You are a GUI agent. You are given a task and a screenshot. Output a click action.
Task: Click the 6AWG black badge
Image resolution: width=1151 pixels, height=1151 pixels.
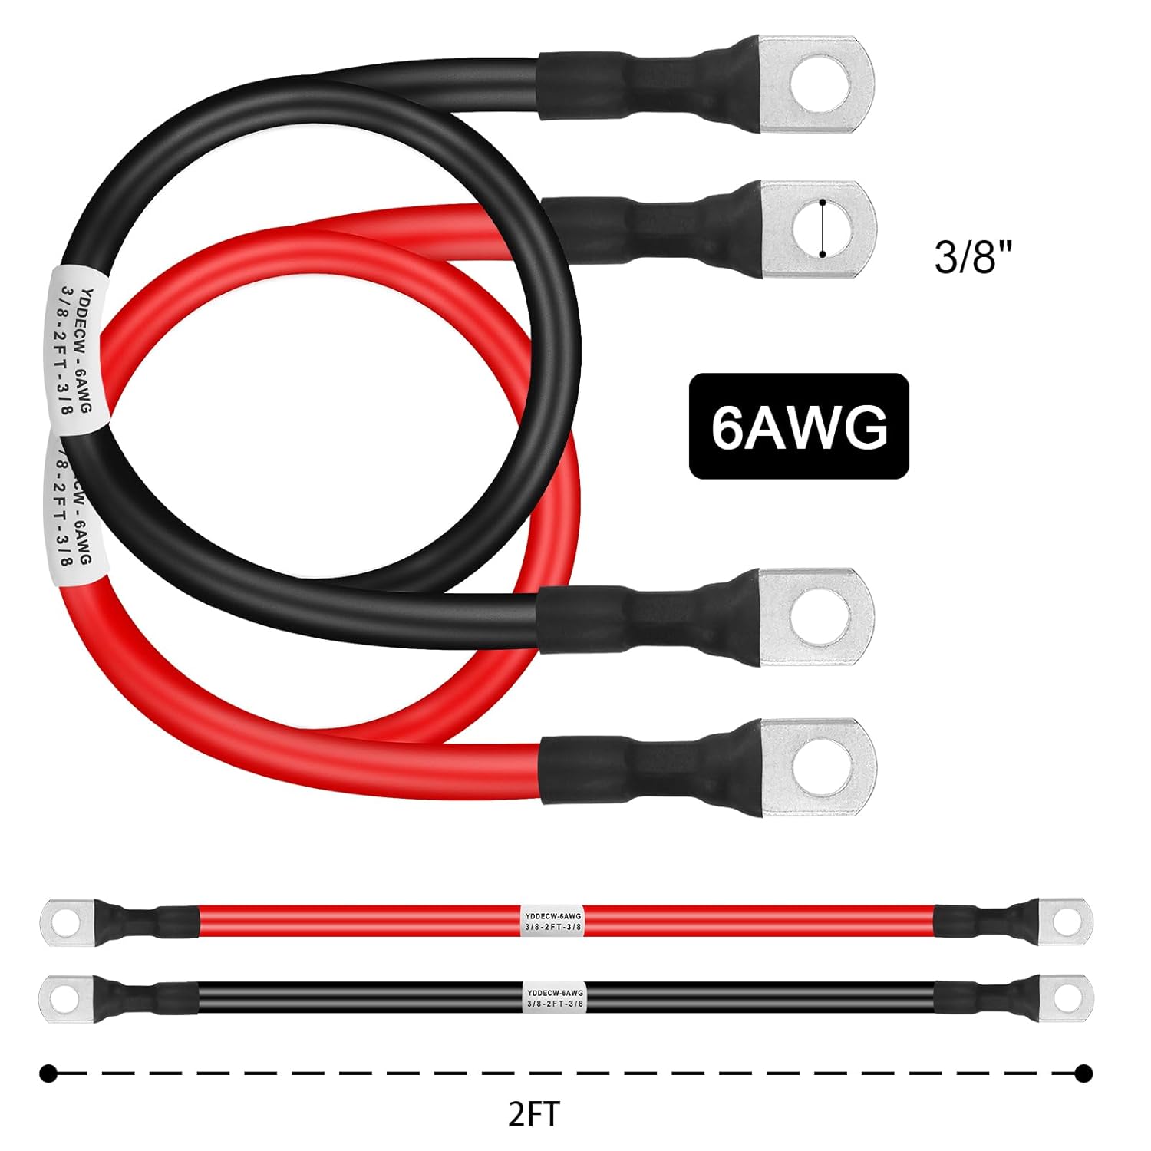(798, 426)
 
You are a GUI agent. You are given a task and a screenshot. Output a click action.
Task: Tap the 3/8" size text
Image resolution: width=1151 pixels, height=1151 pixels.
(974, 256)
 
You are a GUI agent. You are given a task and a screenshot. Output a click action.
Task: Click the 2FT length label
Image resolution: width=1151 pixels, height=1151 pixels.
(534, 1113)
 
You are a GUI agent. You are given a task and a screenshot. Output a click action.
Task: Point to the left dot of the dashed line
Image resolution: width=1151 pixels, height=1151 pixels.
(48, 1073)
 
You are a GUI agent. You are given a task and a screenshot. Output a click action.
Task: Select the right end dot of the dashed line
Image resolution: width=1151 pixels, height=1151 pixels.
(1083, 1073)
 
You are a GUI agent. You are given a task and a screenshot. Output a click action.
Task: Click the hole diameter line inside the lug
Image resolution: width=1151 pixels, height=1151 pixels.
(823, 228)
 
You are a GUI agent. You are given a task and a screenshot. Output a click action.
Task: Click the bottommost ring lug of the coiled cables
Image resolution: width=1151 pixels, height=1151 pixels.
(818, 767)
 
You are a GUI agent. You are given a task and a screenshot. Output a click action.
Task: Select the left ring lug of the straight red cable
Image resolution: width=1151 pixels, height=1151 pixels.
(68, 920)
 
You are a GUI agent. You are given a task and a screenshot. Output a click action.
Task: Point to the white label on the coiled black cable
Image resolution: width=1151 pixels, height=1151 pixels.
(77, 349)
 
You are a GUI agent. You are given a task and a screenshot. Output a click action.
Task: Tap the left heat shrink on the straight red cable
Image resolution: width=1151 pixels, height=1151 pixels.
(146, 920)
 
